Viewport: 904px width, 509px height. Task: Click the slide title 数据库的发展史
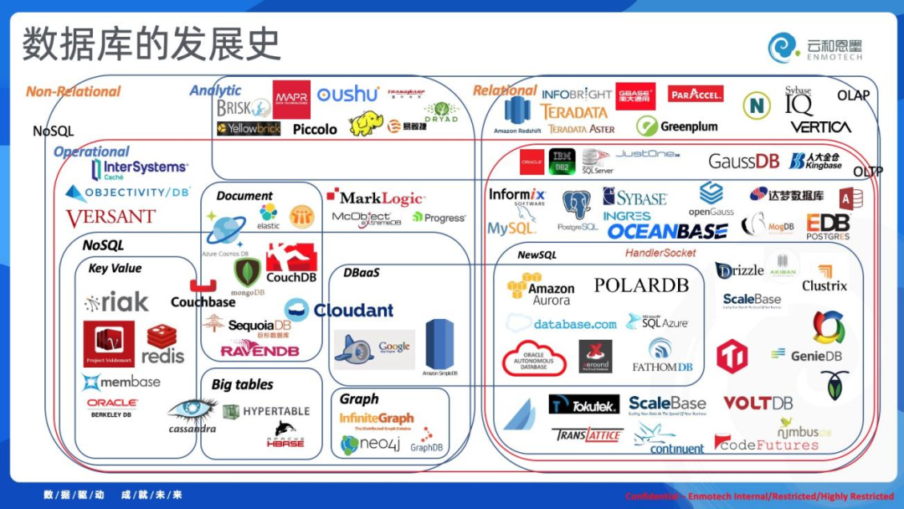tap(152, 44)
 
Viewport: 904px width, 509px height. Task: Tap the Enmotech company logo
tap(815, 48)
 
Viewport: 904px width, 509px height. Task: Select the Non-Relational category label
tap(74, 91)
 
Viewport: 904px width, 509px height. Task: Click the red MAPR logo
tap(291, 100)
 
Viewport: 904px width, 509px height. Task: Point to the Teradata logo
tap(573, 111)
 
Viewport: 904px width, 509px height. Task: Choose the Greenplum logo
tap(677, 126)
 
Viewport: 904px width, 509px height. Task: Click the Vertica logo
tap(820, 127)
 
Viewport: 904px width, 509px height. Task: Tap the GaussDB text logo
tap(743, 161)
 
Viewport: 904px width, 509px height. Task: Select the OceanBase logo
tap(667, 231)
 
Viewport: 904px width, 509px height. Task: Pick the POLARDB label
tap(641, 285)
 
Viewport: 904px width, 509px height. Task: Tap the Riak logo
tap(116, 301)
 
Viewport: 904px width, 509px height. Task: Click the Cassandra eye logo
tap(192, 414)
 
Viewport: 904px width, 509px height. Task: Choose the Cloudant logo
tap(339, 310)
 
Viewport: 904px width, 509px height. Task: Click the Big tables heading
tap(242, 384)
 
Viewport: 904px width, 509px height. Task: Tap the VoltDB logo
tap(758, 403)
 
